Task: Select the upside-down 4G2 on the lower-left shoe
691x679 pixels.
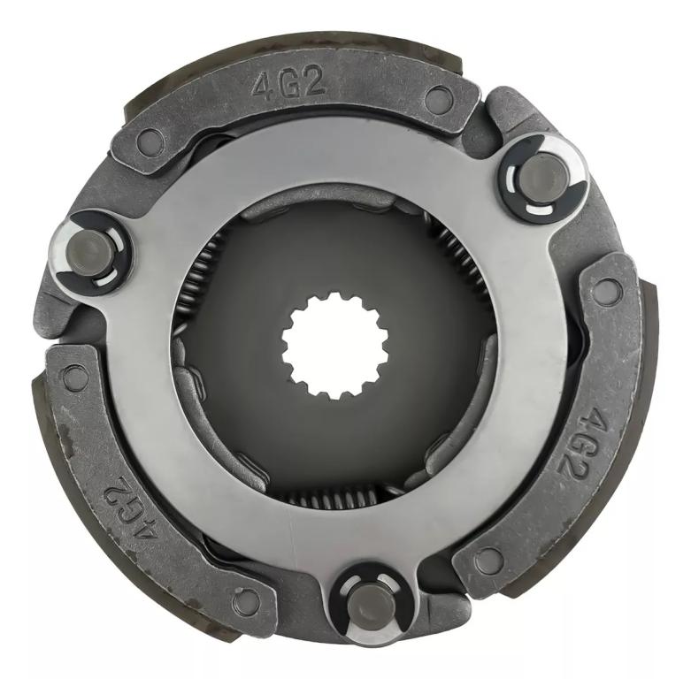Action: point(130,503)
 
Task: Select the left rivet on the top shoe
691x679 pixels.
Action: point(150,140)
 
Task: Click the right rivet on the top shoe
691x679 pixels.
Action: point(437,97)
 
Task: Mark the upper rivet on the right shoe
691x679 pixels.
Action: point(606,288)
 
